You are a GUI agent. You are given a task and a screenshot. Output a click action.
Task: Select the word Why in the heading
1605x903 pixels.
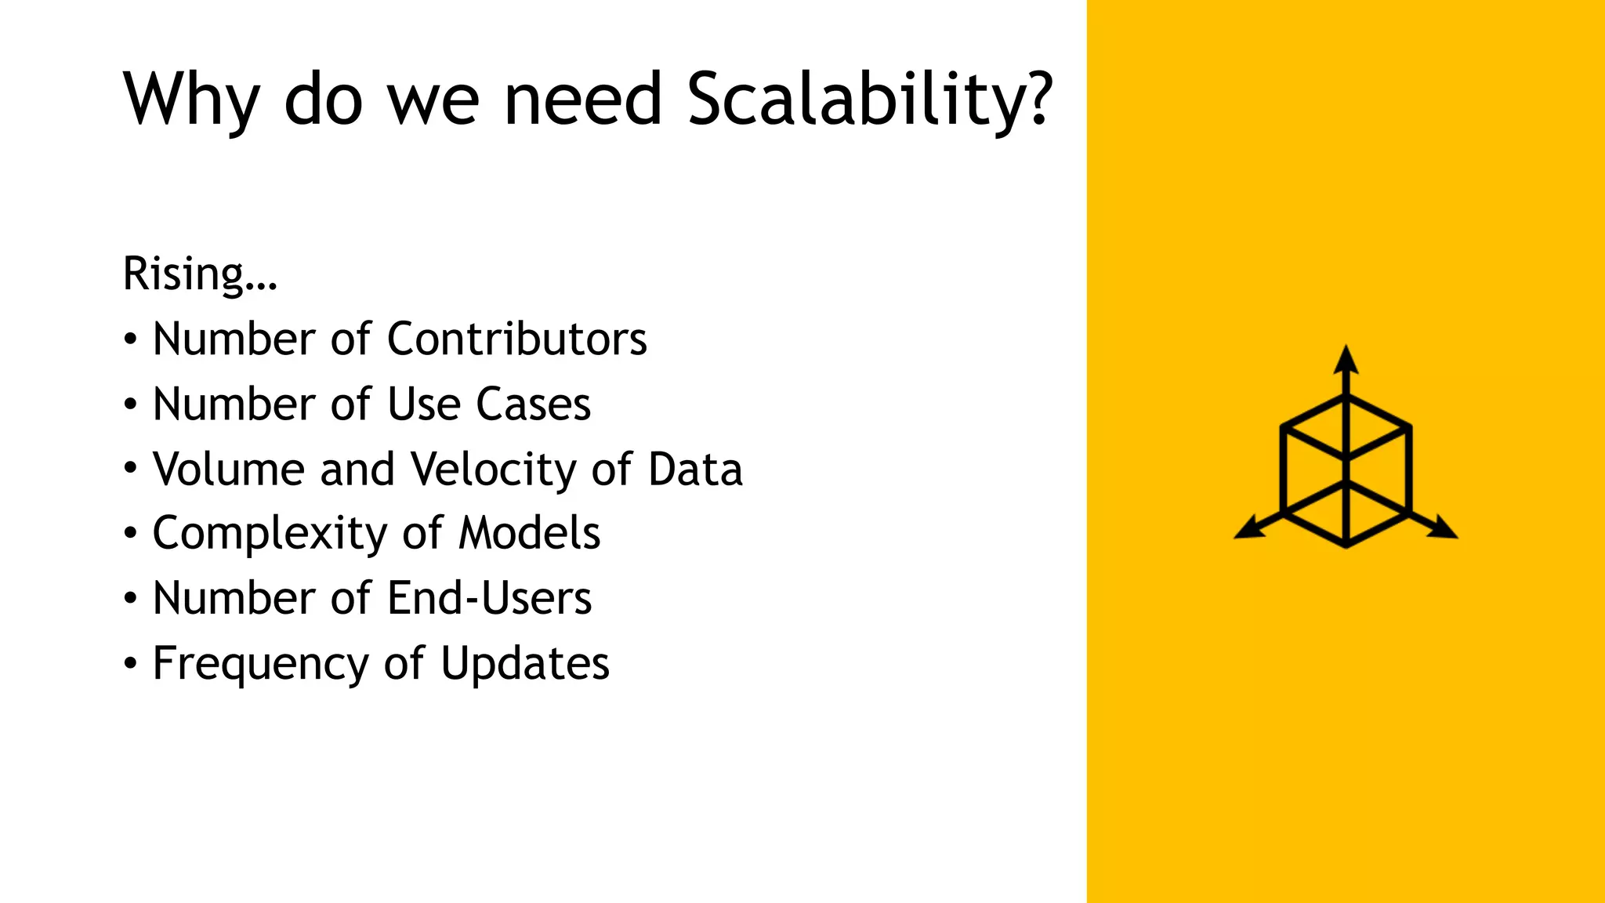coord(191,100)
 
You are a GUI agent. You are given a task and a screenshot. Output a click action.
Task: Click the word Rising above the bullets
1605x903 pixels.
coord(185,274)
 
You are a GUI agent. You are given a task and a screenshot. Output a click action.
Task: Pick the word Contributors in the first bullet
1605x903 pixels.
coord(517,339)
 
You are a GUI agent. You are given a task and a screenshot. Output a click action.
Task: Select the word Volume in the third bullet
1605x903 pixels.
coord(228,470)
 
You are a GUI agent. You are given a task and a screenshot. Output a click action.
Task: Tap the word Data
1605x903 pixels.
coord(695,470)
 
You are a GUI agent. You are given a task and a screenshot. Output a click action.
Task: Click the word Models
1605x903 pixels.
coord(529,534)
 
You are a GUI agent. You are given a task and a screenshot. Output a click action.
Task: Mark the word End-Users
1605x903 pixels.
coord(489,599)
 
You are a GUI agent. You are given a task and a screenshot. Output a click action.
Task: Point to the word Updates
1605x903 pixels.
coord(525,665)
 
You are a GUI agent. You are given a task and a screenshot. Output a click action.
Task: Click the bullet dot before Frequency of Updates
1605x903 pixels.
coord(131,664)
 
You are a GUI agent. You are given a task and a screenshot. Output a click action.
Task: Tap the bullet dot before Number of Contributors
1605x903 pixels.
coord(131,339)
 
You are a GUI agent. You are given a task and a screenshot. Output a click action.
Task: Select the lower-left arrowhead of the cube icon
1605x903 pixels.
coord(1248,529)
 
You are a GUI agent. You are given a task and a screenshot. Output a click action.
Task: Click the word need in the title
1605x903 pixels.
coord(583,100)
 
